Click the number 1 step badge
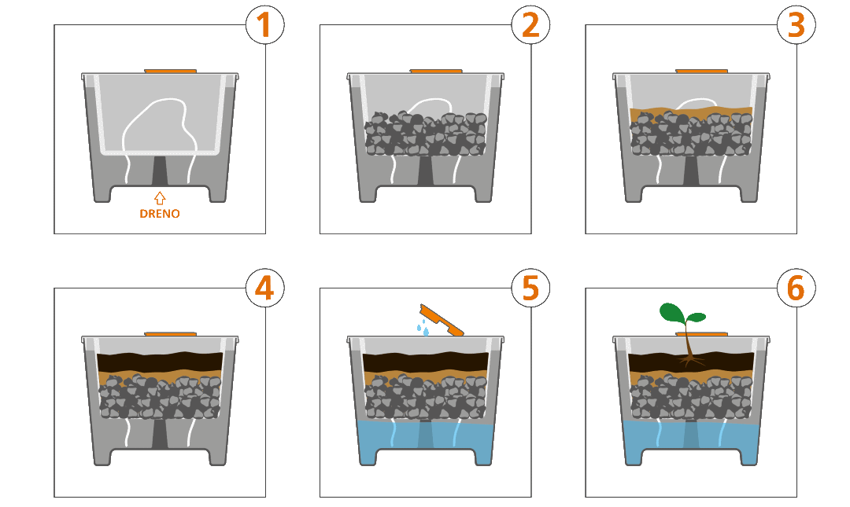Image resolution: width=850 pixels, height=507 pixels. pos(264,25)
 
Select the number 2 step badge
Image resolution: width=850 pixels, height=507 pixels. pos(530,25)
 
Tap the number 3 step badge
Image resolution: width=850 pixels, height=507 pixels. pos(796,25)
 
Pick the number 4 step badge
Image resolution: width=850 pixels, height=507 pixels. pos(264,288)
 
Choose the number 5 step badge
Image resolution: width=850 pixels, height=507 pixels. pos(530,288)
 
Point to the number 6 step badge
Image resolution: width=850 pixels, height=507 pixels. pos(796,288)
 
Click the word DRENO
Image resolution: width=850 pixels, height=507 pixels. pos(160,213)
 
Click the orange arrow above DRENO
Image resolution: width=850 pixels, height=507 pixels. pos(160,198)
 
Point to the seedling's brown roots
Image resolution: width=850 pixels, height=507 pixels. pos(692,360)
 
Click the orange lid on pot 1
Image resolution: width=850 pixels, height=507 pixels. pos(170,72)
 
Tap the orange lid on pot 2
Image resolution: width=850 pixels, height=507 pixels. pos(436,72)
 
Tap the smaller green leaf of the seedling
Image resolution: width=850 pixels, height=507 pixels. pos(697,318)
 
